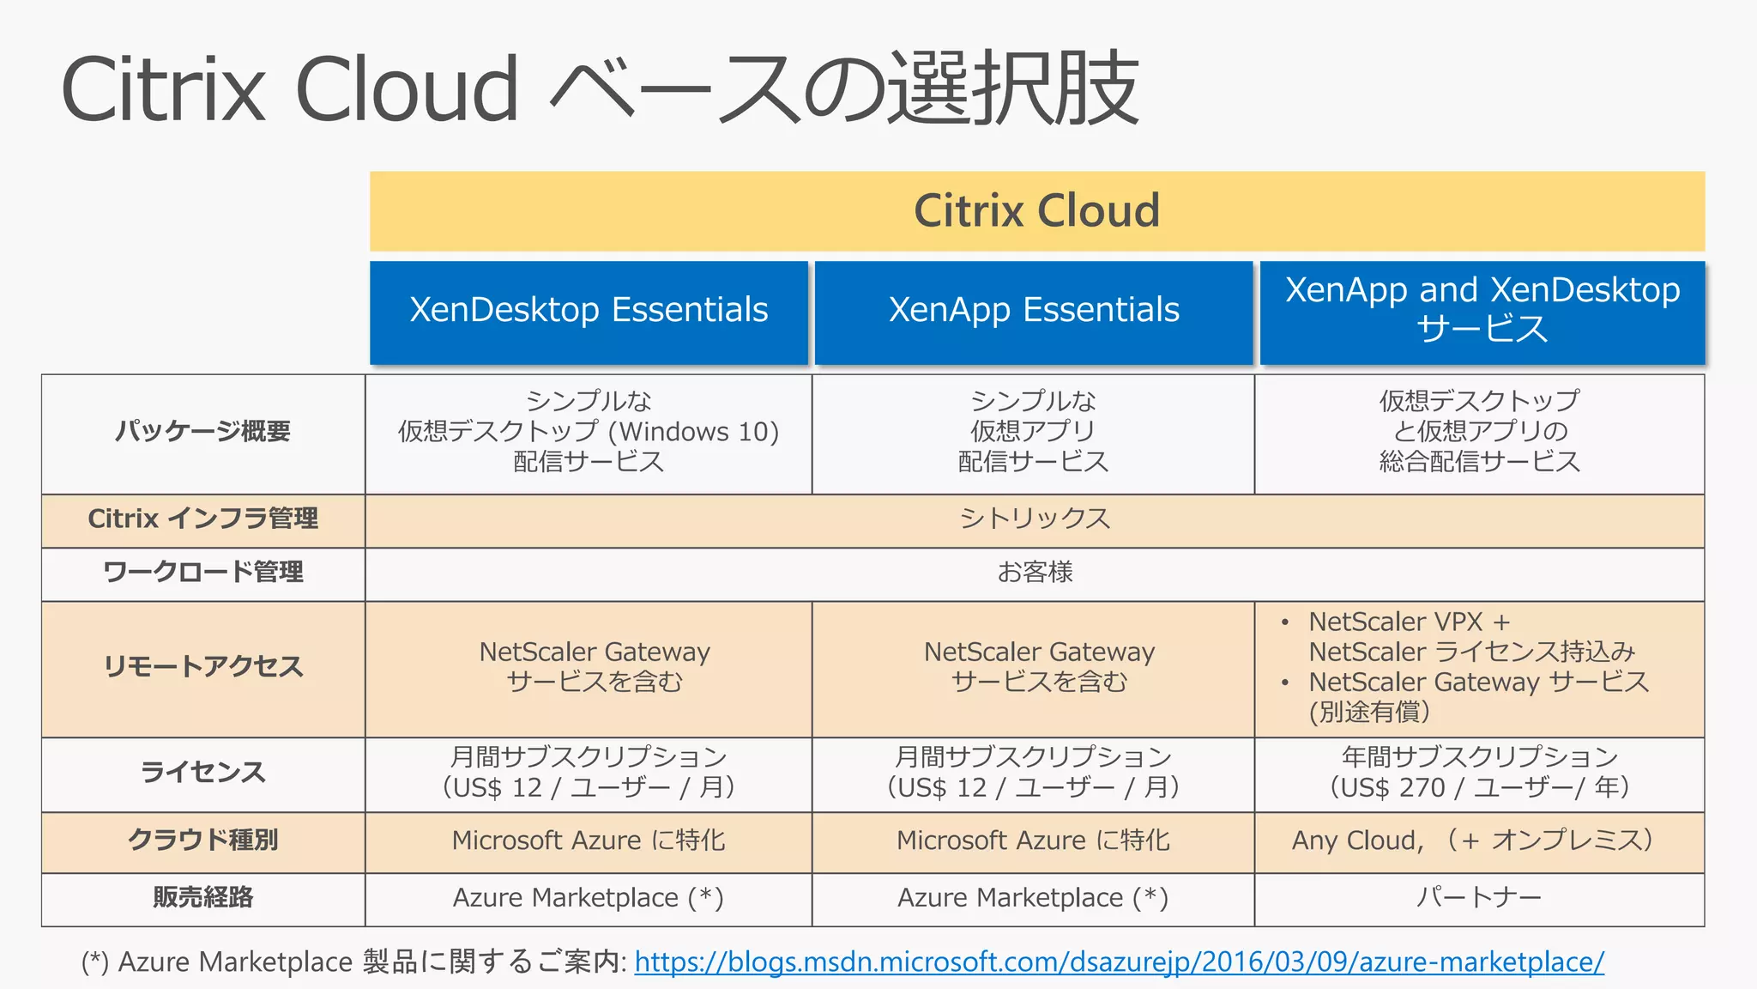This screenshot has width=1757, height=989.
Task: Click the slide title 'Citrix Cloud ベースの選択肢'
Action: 599,88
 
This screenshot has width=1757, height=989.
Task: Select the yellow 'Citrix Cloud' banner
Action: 1036,211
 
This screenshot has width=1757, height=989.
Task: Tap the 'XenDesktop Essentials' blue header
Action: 589,310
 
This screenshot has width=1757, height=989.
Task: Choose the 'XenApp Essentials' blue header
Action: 1034,310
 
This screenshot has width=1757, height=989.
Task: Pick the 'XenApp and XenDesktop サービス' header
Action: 1482,310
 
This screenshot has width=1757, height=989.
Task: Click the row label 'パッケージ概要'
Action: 203,431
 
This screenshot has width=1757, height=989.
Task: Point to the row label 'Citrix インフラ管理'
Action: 203,519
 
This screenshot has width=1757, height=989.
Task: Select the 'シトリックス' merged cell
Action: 1035,519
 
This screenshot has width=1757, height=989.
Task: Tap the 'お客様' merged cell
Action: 1035,572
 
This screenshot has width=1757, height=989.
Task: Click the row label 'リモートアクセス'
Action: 203,667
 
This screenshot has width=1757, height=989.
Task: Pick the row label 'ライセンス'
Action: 203,772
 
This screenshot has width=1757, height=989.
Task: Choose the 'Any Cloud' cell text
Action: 1355,840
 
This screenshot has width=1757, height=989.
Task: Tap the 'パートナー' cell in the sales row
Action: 1479,898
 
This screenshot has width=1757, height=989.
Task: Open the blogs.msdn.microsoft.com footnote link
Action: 1119,962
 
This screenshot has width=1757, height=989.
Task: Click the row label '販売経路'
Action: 203,898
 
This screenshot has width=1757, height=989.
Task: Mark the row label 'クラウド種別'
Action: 203,840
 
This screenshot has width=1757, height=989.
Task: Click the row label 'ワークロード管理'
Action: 203,572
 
